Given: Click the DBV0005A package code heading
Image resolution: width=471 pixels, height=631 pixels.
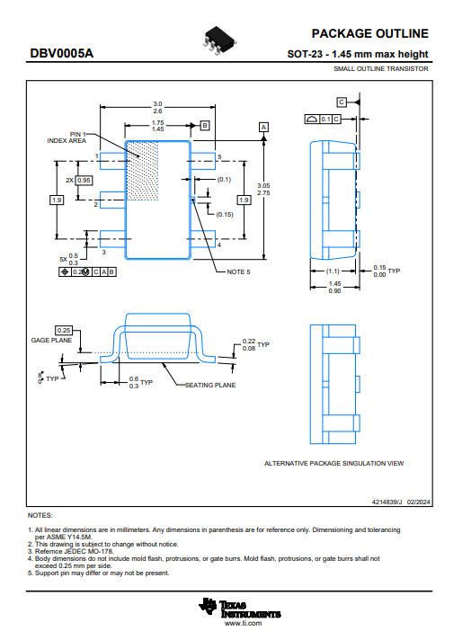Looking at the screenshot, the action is point(62,53).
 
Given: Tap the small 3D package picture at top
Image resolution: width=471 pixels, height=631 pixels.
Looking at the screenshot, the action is point(219,40).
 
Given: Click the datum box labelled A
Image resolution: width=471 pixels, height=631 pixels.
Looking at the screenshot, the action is point(263,127).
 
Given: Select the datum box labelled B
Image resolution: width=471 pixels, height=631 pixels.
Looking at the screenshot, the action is point(205,126).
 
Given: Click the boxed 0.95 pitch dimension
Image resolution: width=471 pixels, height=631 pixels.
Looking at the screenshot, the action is point(84,181).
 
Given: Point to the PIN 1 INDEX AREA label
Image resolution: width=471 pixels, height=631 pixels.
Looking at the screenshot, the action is point(67,138).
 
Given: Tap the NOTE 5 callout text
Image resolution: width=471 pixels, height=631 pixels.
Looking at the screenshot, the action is point(238,272).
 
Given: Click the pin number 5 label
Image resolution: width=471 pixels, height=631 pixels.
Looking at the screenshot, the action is point(219,157).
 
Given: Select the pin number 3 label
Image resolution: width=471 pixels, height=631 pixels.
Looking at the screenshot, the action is point(104,252).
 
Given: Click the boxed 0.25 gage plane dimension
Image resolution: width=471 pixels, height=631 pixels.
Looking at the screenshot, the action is point(64,331).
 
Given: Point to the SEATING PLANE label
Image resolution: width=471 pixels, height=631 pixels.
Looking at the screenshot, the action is point(210,385).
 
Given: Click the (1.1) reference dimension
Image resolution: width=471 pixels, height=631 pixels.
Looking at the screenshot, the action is point(333,271).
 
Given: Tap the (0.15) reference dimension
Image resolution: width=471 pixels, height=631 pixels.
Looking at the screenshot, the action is point(225,215).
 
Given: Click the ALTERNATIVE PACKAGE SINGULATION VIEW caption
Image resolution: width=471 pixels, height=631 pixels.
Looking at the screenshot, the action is point(333,464).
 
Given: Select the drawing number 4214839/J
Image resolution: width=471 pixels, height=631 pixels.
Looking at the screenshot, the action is point(387,502).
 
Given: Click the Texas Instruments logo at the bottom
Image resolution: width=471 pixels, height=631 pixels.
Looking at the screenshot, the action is point(239,608).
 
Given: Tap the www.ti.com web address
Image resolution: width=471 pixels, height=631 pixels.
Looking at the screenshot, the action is point(244,623).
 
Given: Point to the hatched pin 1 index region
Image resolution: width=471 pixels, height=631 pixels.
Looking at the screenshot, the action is point(142,171).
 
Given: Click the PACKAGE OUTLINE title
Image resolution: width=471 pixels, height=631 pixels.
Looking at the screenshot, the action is point(370,33).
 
